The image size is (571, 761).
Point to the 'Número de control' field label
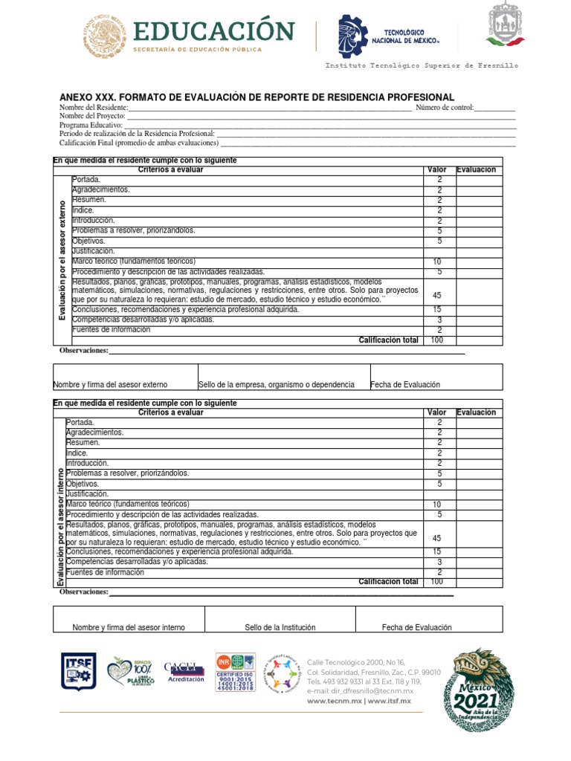pos(444,109)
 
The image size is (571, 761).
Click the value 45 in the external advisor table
pos(437,295)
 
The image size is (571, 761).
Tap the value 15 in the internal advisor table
pos(439,552)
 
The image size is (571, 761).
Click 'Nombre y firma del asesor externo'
pos(110,385)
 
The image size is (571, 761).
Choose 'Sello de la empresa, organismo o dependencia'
pos(276,385)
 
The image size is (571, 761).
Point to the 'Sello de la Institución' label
pos(280,628)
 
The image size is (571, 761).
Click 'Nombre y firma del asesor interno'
pos(129,628)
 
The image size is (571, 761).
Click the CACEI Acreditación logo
pos(184,672)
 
